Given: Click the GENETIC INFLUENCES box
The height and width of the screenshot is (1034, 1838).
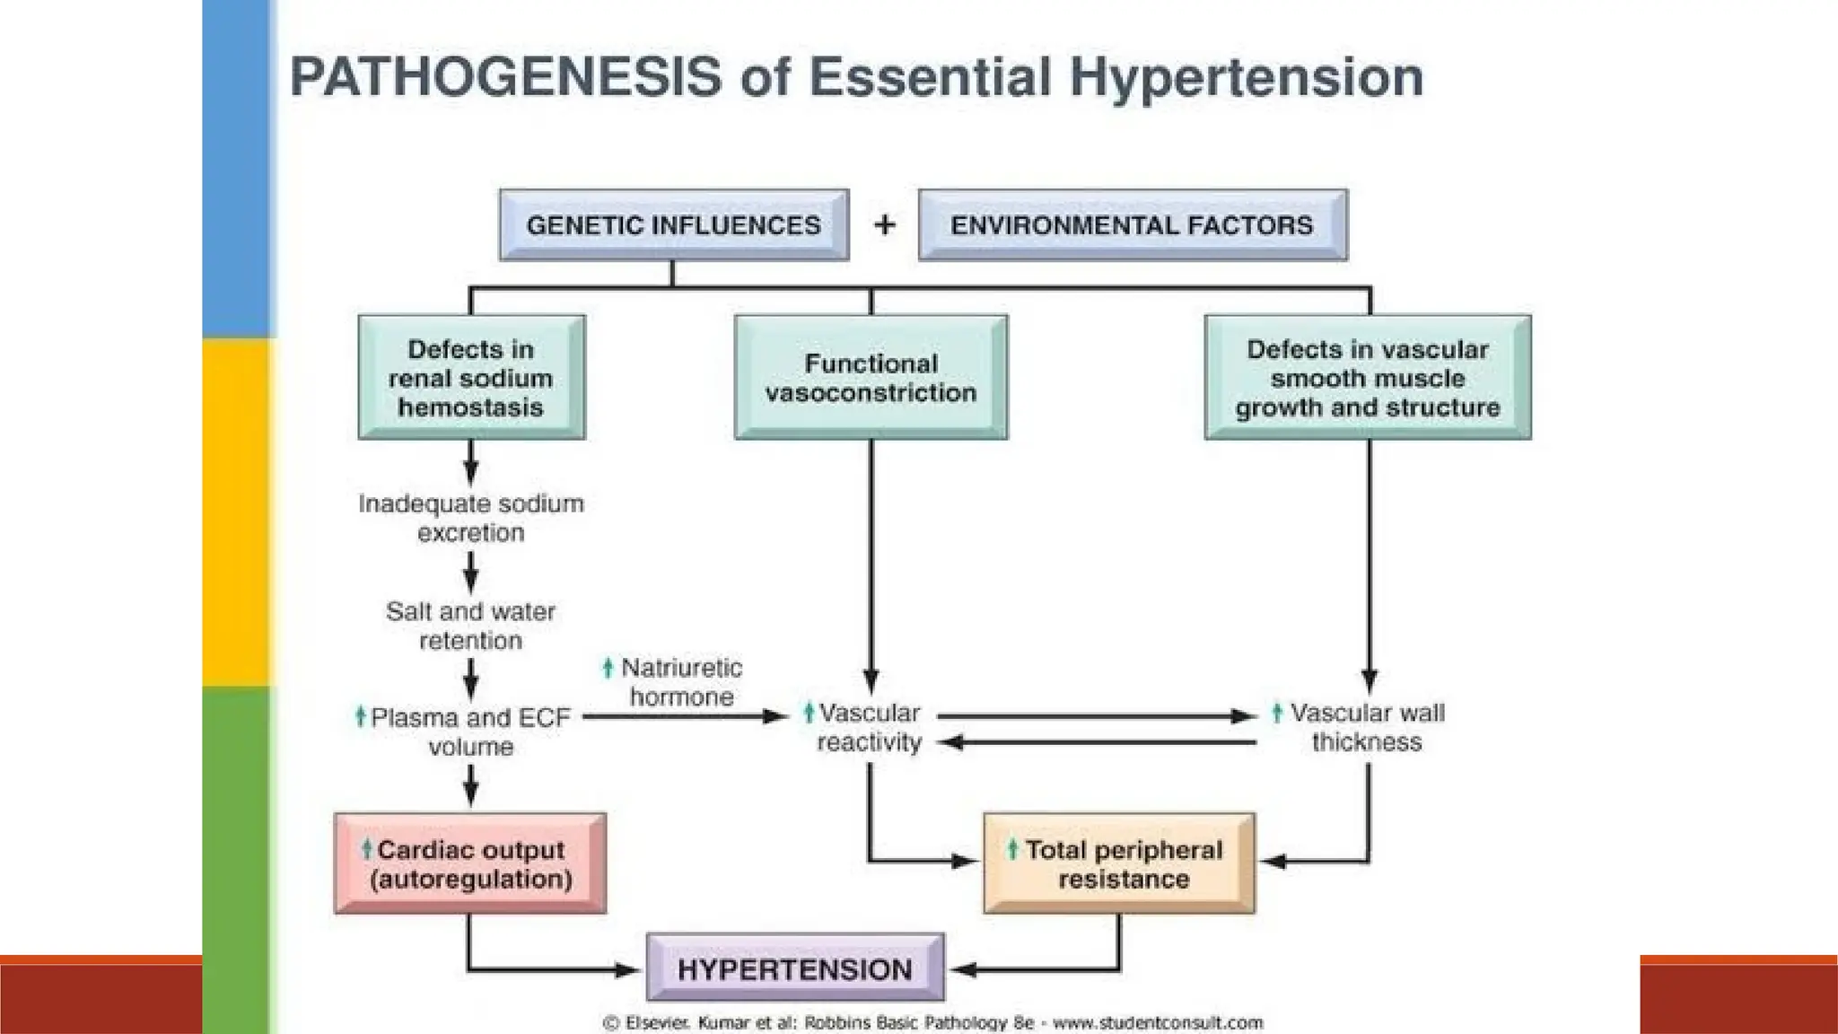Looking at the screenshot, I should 673,224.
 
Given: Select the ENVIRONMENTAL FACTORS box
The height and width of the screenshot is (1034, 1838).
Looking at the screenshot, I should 1132,224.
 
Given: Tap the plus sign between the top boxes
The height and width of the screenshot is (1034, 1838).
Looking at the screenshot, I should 884,224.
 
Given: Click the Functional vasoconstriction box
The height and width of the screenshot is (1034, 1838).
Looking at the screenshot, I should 871,377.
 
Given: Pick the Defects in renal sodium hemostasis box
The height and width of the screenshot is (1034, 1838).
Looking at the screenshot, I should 471,377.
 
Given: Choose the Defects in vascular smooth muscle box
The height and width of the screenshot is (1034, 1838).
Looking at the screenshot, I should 1367,377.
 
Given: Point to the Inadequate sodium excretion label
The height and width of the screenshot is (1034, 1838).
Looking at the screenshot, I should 471,518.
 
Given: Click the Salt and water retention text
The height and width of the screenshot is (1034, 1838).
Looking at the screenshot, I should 471,626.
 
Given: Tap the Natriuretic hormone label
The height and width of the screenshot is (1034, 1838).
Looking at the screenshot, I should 680,682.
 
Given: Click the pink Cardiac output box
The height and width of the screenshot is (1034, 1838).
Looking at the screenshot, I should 470,863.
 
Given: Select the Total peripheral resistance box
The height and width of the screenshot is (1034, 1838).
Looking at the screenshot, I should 1119,863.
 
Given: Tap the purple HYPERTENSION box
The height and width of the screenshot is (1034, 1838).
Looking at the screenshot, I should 795,968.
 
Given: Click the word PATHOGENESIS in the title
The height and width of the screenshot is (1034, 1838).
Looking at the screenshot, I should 505,76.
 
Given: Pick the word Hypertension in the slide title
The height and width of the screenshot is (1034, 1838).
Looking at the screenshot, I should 1247,78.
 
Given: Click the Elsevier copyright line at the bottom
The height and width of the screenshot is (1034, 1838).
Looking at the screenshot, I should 933,1022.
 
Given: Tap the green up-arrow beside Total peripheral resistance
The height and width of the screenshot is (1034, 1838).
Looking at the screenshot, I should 1012,848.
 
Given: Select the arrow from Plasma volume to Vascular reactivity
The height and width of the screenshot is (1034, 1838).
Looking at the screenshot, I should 687,717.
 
